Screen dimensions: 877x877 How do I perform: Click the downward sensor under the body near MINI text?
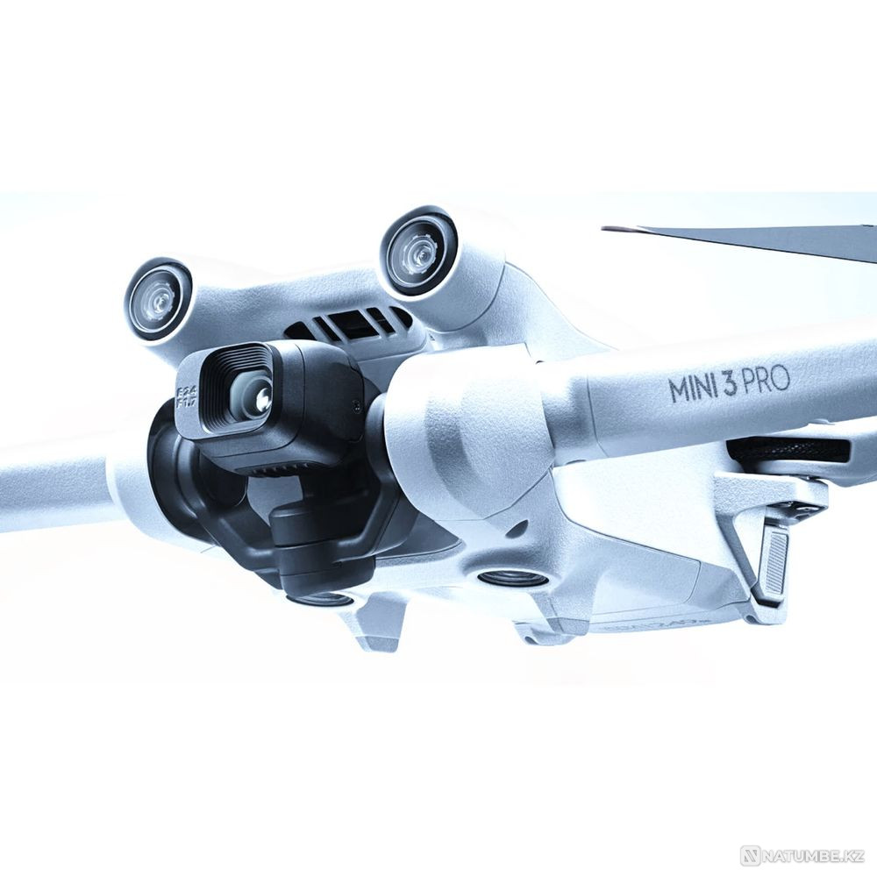[513, 578]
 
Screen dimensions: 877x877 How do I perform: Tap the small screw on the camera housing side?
[354, 405]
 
